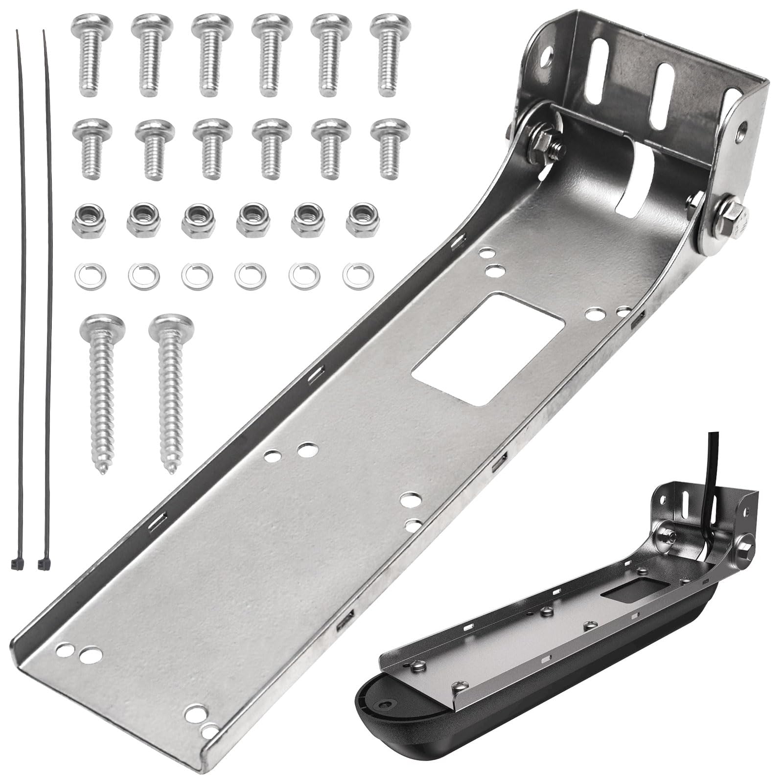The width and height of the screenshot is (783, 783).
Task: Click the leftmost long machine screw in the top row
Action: coord(92,54)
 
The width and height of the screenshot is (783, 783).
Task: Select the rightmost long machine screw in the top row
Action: coord(390,54)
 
